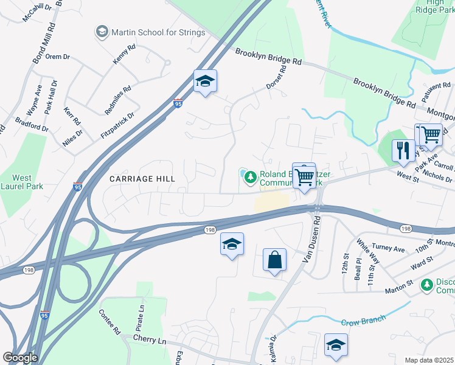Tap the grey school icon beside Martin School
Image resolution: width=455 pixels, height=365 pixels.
[102, 30]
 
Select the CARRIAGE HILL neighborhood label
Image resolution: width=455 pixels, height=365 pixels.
[142, 179]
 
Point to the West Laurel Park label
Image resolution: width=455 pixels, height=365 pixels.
[22, 182]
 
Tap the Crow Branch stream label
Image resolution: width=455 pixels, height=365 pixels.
[363, 321]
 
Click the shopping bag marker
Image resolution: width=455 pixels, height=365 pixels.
[275, 260]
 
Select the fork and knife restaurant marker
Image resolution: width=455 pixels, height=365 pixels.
[403, 150]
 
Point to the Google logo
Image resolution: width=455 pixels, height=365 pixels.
[20, 357]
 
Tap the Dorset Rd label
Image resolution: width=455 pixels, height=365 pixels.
[276, 78]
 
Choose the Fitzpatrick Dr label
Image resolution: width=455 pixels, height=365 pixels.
[117, 122]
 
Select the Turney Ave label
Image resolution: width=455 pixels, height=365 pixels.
[389, 249]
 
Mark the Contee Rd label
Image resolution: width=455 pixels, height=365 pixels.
[109, 322]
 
